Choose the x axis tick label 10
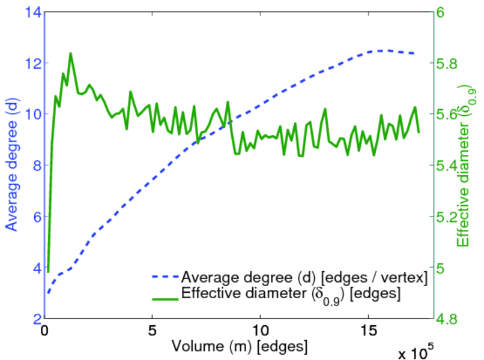(x=260, y=331)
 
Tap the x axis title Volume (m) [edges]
(x=240, y=346)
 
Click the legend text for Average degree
(x=304, y=277)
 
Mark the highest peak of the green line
(x=71, y=53)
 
